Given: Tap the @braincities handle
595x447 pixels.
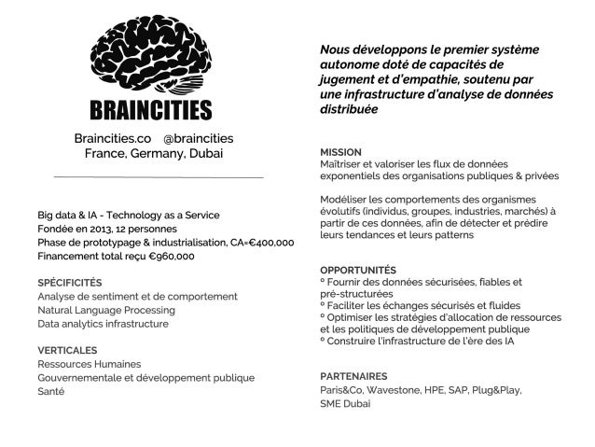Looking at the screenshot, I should (202, 137).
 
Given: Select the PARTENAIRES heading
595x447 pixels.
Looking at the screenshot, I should (353, 376).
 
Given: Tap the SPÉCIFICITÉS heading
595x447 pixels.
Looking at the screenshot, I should (70, 282).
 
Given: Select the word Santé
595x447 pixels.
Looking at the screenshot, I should (51, 392).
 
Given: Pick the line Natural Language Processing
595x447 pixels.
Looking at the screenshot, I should (105, 310).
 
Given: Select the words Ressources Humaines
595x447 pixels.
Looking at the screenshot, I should (90, 363).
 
